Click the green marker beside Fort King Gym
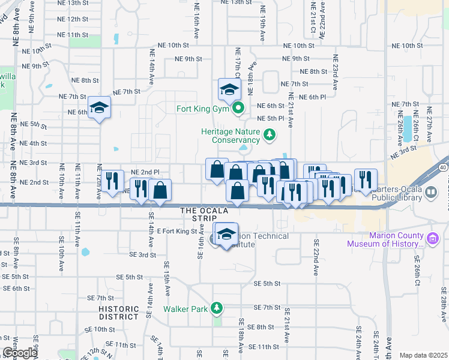(238, 109)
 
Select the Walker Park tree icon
(216, 309)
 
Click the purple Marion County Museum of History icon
(430, 239)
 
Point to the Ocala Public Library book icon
(430, 193)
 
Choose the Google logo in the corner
(20, 353)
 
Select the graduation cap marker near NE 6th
(100, 108)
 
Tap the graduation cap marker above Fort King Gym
(229, 90)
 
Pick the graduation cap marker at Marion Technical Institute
(226, 235)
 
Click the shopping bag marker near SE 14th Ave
(160, 191)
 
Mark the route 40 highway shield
(443, 167)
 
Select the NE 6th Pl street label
(312, 97)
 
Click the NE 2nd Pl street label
(145, 172)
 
